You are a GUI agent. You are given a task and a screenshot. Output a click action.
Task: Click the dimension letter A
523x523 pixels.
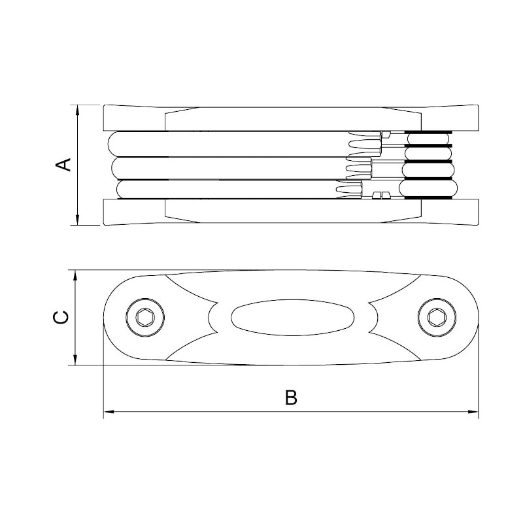click(x=63, y=165)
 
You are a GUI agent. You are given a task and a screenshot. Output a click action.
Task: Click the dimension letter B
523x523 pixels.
click(x=291, y=397)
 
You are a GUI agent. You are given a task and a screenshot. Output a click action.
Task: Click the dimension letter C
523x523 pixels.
click(x=61, y=317)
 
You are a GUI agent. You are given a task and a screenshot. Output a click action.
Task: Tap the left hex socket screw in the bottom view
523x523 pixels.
click(x=145, y=317)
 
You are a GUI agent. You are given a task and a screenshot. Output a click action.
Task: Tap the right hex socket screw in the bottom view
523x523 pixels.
click(x=437, y=317)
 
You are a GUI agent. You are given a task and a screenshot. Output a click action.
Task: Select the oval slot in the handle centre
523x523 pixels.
click(x=292, y=317)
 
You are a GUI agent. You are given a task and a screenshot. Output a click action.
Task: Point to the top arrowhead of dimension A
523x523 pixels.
click(x=77, y=110)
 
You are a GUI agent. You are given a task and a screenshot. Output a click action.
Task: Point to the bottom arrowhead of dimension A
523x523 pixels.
click(x=77, y=220)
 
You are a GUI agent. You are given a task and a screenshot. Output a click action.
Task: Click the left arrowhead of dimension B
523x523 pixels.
click(x=109, y=412)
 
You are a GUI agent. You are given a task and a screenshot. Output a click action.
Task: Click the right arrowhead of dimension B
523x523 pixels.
click(x=473, y=412)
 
